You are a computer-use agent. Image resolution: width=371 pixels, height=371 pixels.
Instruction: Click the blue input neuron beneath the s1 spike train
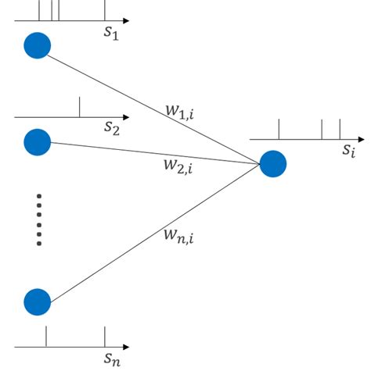pyautogui.click(x=38, y=45)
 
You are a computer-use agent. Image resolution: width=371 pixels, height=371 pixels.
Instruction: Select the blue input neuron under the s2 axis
pyautogui.click(x=38, y=142)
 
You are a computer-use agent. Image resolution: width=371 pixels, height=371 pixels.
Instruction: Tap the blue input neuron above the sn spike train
pyautogui.click(x=38, y=301)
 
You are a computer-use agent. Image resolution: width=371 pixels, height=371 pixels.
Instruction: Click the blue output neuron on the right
pyautogui.click(x=273, y=164)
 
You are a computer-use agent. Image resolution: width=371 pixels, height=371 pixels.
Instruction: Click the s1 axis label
pyautogui.click(x=111, y=33)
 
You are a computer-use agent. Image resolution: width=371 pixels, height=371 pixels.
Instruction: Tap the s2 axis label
pyautogui.click(x=111, y=128)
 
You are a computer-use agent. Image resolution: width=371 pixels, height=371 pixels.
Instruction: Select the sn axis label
pyautogui.click(x=112, y=359)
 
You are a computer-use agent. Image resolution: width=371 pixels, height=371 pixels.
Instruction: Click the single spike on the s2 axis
pyautogui.click(x=79, y=108)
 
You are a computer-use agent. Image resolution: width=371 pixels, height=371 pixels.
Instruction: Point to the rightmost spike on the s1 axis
pyautogui.click(x=105, y=10)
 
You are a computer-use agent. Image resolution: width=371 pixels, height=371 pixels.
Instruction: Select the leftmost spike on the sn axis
pyautogui.click(x=47, y=336)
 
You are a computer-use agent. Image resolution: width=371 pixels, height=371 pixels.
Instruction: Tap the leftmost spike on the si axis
pyautogui.click(x=279, y=130)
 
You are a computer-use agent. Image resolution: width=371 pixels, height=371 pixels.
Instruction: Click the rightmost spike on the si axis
pyautogui.click(x=340, y=130)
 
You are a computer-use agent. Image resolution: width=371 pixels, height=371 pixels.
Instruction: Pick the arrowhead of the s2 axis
pyautogui.click(x=126, y=118)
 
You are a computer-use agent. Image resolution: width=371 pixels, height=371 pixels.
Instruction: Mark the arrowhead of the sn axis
pyautogui.click(x=126, y=346)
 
